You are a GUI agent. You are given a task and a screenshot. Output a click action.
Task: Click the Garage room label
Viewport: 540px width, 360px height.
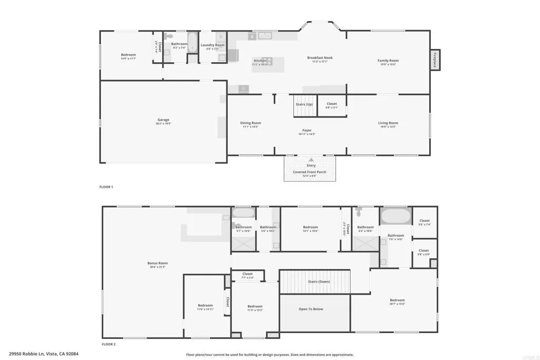(x=163, y=120)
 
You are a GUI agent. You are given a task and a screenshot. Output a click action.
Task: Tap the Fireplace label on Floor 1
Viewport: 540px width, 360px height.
(x=435, y=59)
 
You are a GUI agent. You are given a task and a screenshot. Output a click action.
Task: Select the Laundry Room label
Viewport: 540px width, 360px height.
(x=213, y=45)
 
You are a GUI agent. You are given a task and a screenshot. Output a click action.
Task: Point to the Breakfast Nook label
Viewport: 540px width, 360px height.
(x=320, y=58)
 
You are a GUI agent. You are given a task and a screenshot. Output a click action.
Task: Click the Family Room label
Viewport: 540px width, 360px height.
(x=388, y=61)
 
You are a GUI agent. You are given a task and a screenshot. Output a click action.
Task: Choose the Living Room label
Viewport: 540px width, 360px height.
(x=388, y=123)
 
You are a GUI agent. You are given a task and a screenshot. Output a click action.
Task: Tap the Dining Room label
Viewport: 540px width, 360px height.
(x=251, y=123)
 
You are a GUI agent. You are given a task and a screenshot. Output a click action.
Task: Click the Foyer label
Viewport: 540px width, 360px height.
(x=307, y=131)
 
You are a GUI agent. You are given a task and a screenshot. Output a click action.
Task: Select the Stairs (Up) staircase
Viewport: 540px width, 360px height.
(x=304, y=105)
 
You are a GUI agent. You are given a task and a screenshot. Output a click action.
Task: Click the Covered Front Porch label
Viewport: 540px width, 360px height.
(x=310, y=172)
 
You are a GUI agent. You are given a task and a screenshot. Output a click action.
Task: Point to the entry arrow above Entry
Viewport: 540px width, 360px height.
(x=312, y=159)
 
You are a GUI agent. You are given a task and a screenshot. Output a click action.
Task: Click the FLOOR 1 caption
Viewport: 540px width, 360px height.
(x=107, y=187)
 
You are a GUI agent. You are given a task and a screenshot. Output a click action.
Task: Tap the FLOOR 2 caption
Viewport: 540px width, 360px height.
(x=108, y=344)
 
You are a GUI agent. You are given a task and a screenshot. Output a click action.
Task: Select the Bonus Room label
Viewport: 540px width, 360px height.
(x=157, y=263)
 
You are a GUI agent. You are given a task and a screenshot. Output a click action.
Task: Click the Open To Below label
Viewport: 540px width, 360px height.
(x=311, y=309)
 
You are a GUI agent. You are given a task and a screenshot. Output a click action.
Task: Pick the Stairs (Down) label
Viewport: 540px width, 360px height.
(x=320, y=281)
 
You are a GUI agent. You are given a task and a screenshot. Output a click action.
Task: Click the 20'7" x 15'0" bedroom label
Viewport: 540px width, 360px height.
(x=397, y=300)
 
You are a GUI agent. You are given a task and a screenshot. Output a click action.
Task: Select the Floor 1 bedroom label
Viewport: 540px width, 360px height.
(x=128, y=55)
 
